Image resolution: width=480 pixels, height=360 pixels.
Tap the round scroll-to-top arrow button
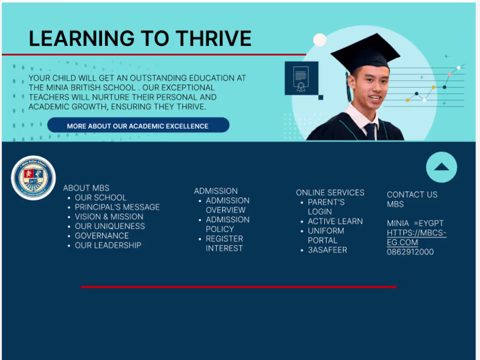pyautogui.click(x=441, y=167)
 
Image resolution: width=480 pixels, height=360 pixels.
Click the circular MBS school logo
pyautogui.click(x=33, y=178)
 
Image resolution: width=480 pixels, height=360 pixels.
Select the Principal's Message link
pyautogui.click(x=117, y=207)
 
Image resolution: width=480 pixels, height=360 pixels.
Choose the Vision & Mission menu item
pyautogui.click(x=109, y=216)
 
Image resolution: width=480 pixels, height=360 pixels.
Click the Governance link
pyautogui.click(x=102, y=236)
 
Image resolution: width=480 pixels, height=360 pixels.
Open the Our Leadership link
pyautogui.click(x=108, y=245)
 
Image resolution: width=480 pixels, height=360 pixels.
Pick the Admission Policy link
pyautogui.click(x=227, y=224)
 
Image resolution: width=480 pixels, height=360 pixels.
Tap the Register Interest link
pyautogui.click(x=224, y=243)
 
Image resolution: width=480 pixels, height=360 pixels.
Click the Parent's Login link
pyautogui.click(x=326, y=207)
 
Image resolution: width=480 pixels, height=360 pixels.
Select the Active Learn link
pyautogui.click(x=335, y=221)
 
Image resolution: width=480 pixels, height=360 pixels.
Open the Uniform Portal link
pyautogui.click(x=326, y=236)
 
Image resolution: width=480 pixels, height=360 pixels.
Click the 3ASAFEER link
pyautogui.click(x=327, y=250)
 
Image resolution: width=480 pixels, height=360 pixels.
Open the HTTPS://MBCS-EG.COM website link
pyautogui.click(x=416, y=238)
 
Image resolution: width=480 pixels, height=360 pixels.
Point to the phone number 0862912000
pyautogui.click(x=410, y=252)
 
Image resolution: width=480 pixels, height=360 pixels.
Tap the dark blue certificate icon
pyautogui.click(x=302, y=78)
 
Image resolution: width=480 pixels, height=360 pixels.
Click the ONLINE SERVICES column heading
pyautogui.click(x=330, y=192)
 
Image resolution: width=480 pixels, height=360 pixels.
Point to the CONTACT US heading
pyautogui.click(x=412, y=195)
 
